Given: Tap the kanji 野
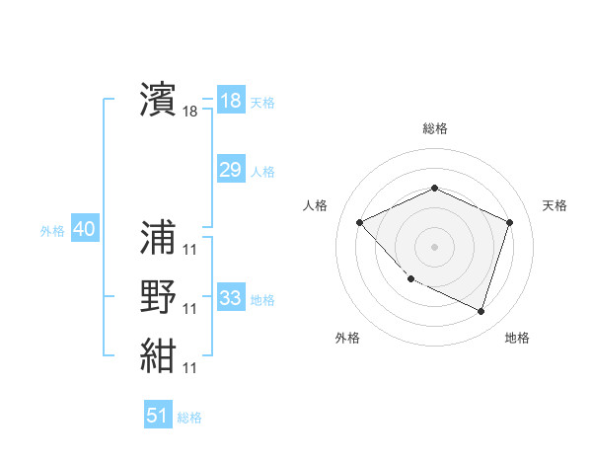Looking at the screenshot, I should pyautogui.click(x=158, y=296).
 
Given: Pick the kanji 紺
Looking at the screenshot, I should pyautogui.click(x=158, y=355).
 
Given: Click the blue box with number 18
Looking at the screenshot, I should pyautogui.click(x=230, y=101).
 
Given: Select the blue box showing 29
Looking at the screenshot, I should pyautogui.click(x=230, y=170).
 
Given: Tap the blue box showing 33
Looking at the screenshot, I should pyautogui.click(x=230, y=298).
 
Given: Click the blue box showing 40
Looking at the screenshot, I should pyautogui.click(x=84, y=230).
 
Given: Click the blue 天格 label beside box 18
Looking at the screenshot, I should pyautogui.click(x=262, y=103).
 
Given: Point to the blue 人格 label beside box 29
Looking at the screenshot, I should pyautogui.click(x=262, y=172).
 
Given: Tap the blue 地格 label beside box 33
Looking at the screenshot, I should pyautogui.click(x=262, y=300).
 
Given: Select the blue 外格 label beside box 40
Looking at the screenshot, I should pyautogui.click(x=52, y=232).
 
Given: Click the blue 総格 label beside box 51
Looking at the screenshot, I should pyautogui.click(x=189, y=418).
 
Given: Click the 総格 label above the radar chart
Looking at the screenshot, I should pyautogui.click(x=434, y=128).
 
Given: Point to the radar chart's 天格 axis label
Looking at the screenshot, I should pyautogui.click(x=555, y=205).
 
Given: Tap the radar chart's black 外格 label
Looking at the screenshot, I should pyautogui.click(x=347, y=338).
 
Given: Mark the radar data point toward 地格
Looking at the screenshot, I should pyautogui.click(x=481, y=312).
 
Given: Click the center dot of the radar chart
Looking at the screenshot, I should pyautogui.click(x=434, y=246).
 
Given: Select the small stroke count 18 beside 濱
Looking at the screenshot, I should pyautogui.click(x=190, y=113).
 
